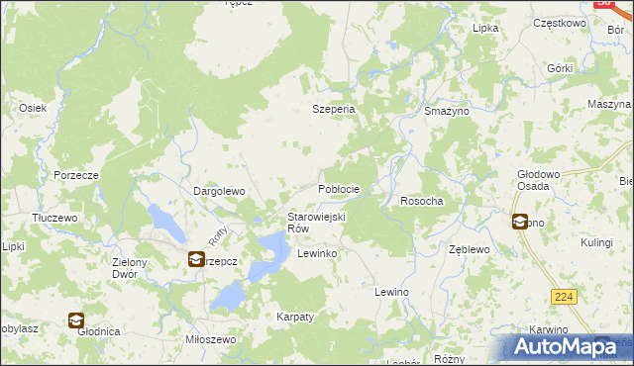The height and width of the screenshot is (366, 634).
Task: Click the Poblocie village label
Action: tap(338, 188)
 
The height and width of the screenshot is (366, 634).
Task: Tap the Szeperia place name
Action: tap(334, 110)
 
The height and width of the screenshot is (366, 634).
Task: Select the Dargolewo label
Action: tap(218, 191)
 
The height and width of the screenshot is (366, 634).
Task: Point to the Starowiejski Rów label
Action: tap(315, 223)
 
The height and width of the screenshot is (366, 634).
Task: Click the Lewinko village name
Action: tap(318, 254)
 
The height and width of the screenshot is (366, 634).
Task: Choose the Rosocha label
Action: tap(421, 201)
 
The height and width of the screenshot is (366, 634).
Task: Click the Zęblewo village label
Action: tap(470, 250)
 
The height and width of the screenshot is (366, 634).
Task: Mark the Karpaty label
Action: tap(294, 317)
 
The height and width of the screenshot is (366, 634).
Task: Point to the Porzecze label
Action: tap(75, 175)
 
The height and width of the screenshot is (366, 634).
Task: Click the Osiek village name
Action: tap(33, 108)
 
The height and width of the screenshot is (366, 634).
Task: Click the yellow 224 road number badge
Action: tap(564, 296)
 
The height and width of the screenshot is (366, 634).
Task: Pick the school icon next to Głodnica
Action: tap(76, 320)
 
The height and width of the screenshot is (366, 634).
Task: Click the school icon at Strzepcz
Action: tap(196, 259)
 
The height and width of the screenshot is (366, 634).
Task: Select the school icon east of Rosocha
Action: tap(519, 222)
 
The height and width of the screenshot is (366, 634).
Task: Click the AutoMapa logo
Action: tap(564, 347)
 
